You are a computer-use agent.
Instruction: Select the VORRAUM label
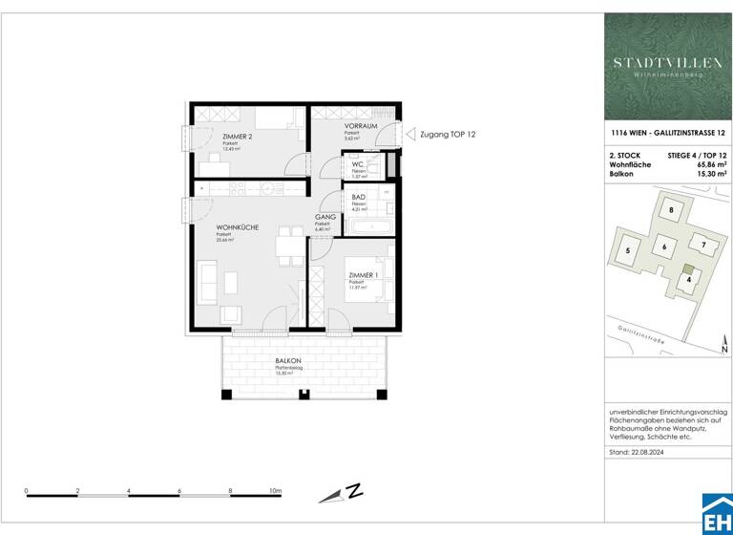pos(360,126)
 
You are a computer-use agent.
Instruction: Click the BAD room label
pos(359,197)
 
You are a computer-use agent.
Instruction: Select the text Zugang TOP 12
pos(448,136)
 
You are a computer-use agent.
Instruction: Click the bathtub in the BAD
pos(367,227)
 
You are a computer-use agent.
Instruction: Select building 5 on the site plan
pos(627,251)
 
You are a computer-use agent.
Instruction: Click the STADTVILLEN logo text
pos(667,62)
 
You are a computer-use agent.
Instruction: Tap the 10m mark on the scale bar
pos(276,490)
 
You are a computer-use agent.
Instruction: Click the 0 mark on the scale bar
pos(27,490)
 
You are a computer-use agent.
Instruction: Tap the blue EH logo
pos(717,517)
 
